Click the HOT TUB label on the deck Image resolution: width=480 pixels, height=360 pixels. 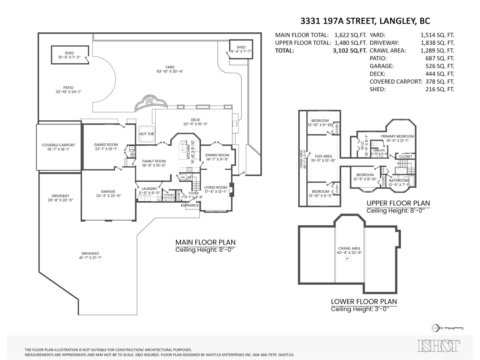coord(147,134)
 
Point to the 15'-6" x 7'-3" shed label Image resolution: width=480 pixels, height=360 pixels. coord(69,55)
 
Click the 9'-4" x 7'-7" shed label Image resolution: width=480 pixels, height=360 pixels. coord(241,49)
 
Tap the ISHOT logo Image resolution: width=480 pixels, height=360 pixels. coord(439,346)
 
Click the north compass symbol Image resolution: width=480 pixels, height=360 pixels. coord(436,328)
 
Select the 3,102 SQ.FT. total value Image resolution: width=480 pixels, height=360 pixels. coord(349,50)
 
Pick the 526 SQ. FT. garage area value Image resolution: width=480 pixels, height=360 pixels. coord(439,66)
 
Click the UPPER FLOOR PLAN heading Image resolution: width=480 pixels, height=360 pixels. coord(398,203)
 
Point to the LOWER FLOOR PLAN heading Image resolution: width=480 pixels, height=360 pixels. coord(364,301)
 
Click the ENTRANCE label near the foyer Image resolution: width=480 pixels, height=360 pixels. coord(190,205)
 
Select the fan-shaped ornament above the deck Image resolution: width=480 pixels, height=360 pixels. coord(151,102)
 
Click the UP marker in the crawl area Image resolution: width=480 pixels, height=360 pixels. coord(348,259)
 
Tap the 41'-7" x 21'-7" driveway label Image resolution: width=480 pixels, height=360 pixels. coord(90,255)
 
